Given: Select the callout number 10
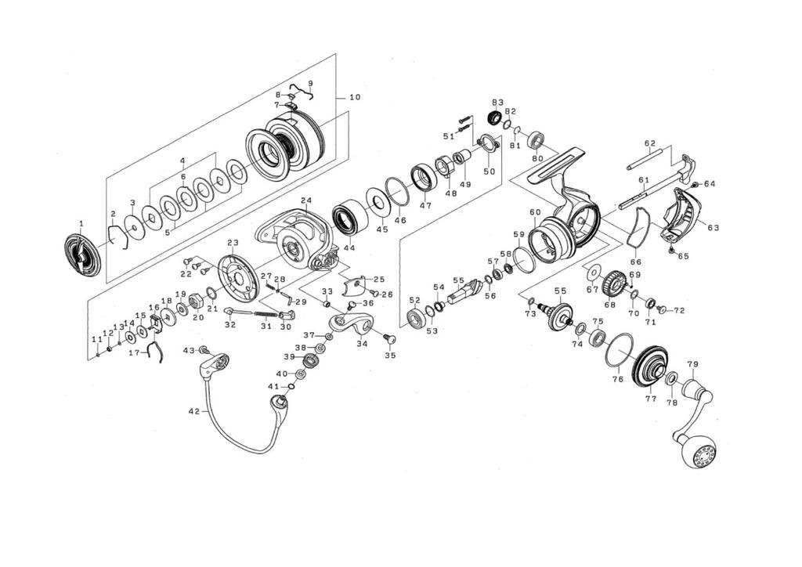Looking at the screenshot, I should point(355,98).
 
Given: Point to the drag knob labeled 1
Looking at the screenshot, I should point(81,255).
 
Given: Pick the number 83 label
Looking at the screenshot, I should point(497,103).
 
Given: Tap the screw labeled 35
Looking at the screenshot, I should point(389,339).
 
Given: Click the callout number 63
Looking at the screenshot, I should point(713,228).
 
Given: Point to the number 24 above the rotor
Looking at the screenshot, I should point(305,200).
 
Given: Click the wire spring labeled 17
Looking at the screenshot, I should point(157,352).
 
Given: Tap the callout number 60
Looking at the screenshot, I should point(535,212).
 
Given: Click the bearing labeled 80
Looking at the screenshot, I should point(537,142).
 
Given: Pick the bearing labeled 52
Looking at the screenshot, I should point(415,318).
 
